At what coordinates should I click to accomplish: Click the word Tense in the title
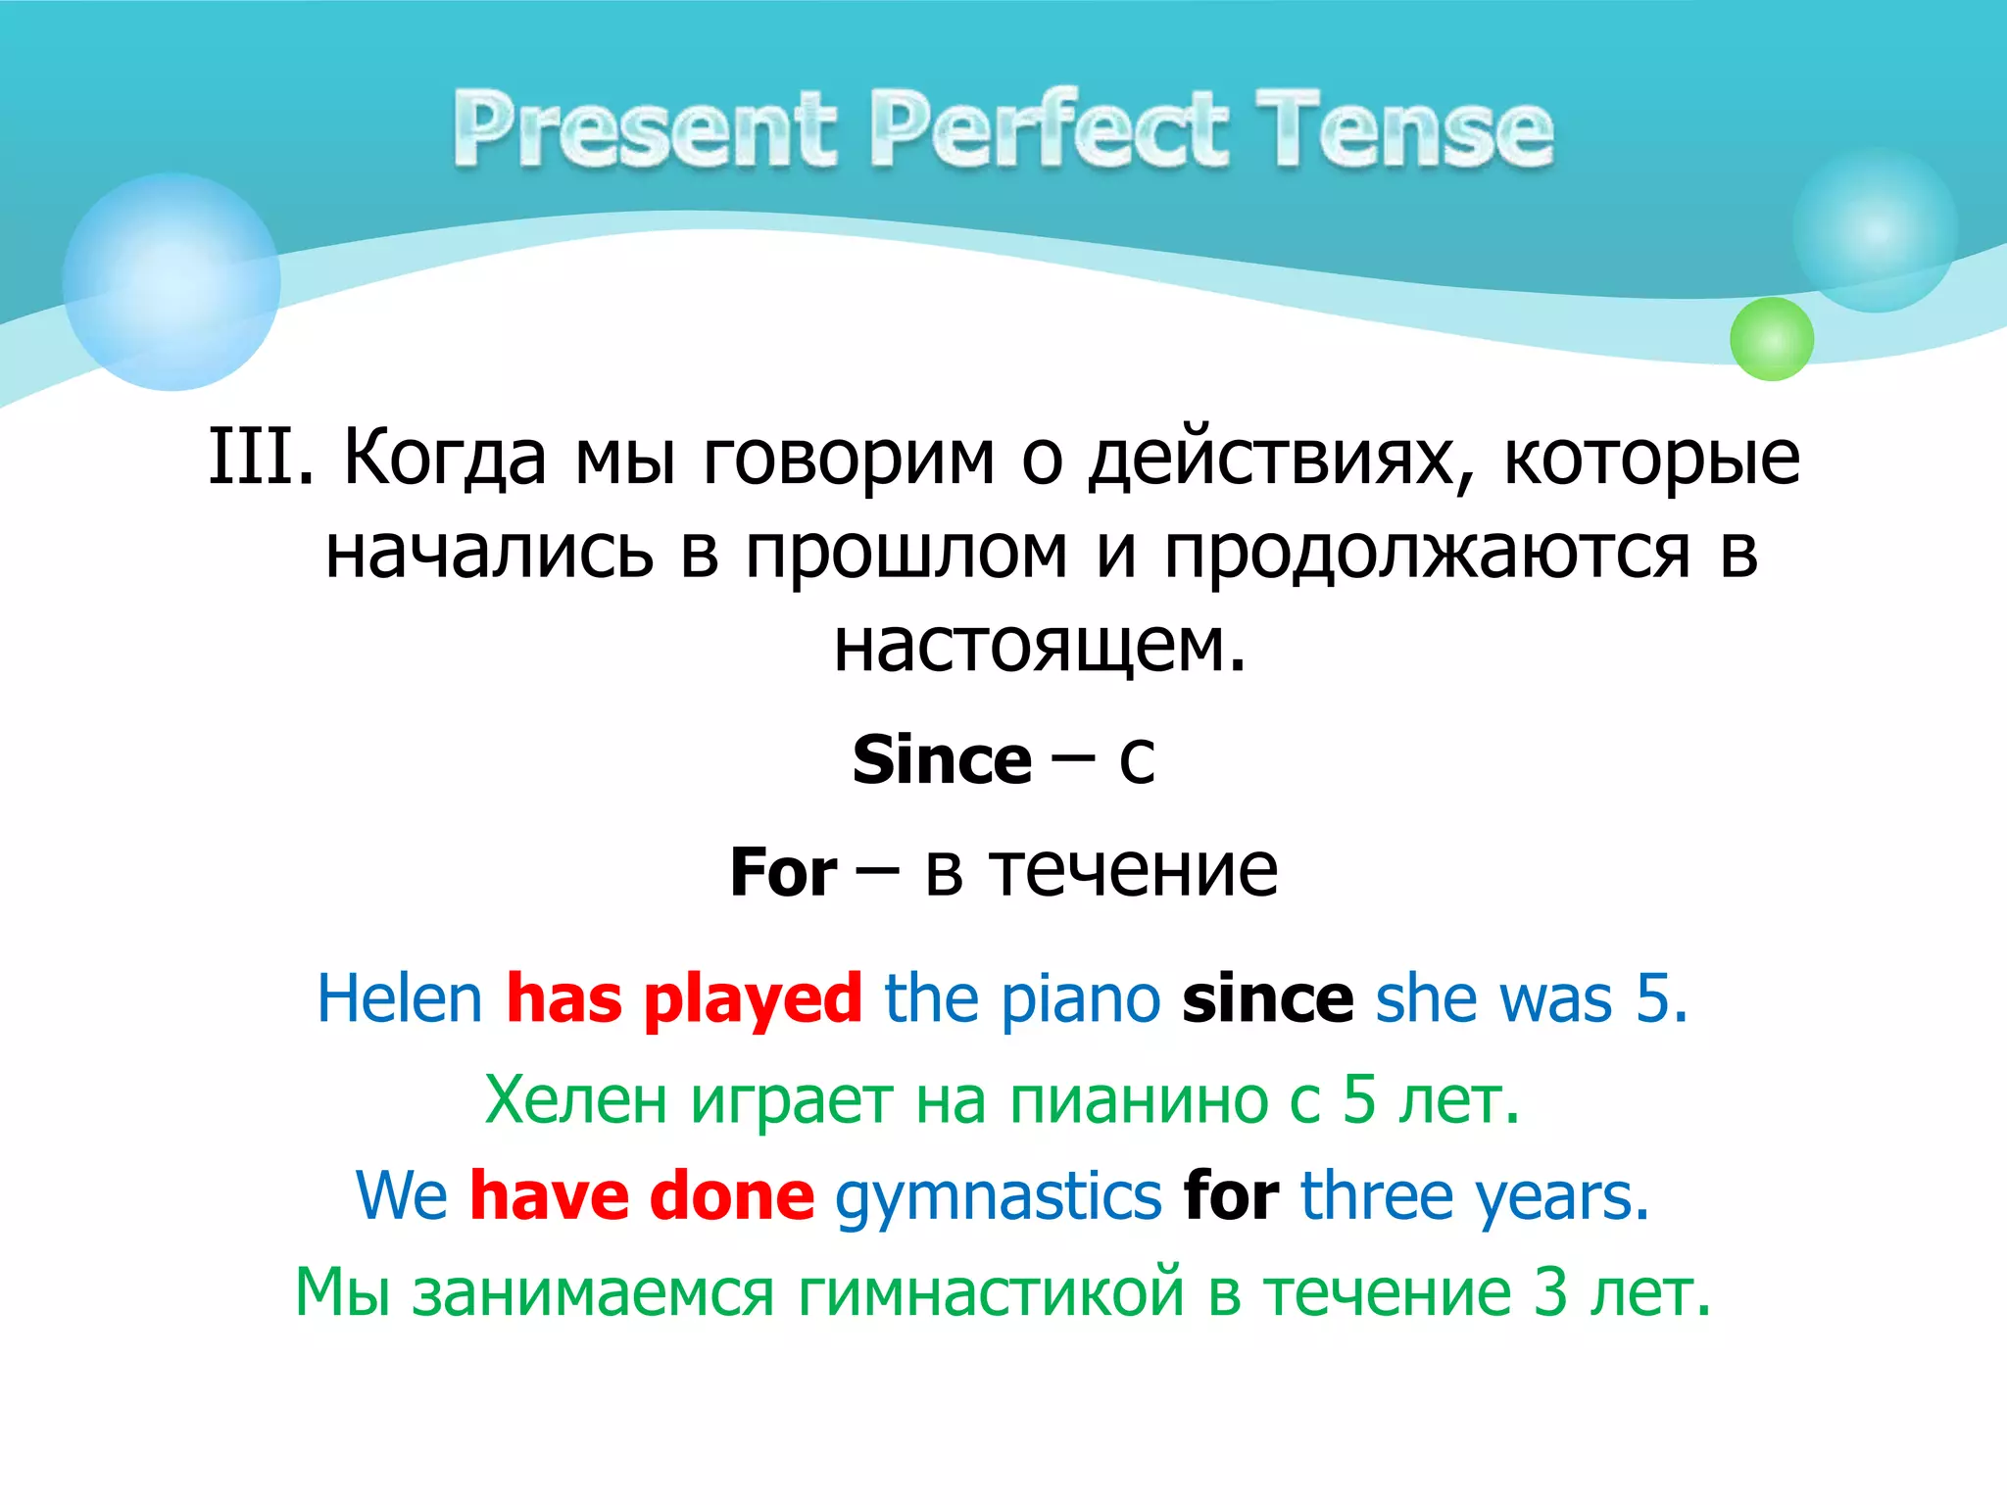pos(1404,130)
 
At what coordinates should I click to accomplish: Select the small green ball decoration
pos(1771,339)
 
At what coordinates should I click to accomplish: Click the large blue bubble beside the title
pos(171,282)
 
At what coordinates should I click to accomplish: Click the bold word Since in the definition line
pos(942,760)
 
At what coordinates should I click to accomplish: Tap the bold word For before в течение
pos(783,872)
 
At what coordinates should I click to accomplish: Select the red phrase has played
pos(684,999)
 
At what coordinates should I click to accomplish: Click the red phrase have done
pos(642,1196)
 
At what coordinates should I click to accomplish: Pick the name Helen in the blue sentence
pos(400,999)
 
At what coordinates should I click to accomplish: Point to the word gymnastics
pos(998,1198)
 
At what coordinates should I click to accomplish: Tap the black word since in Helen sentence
pos(1267,999)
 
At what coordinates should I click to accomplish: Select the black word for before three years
pos(1230,1196)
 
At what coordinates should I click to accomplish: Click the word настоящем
pos(1039,647)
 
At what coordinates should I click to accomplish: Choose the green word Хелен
pos(575,1099)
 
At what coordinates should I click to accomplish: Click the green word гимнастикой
pos(992,1292)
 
